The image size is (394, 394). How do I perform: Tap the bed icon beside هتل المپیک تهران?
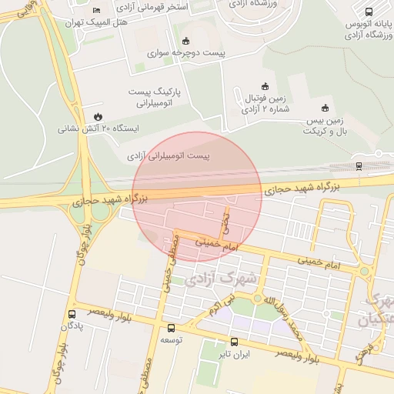tap(96, 9)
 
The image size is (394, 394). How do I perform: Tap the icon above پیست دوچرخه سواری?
tap(185, 40)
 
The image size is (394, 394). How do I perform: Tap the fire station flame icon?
tap(98, 115)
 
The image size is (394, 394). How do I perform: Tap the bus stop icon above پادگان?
tap(72, 314)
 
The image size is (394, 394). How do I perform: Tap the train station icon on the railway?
tap(359, 165)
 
